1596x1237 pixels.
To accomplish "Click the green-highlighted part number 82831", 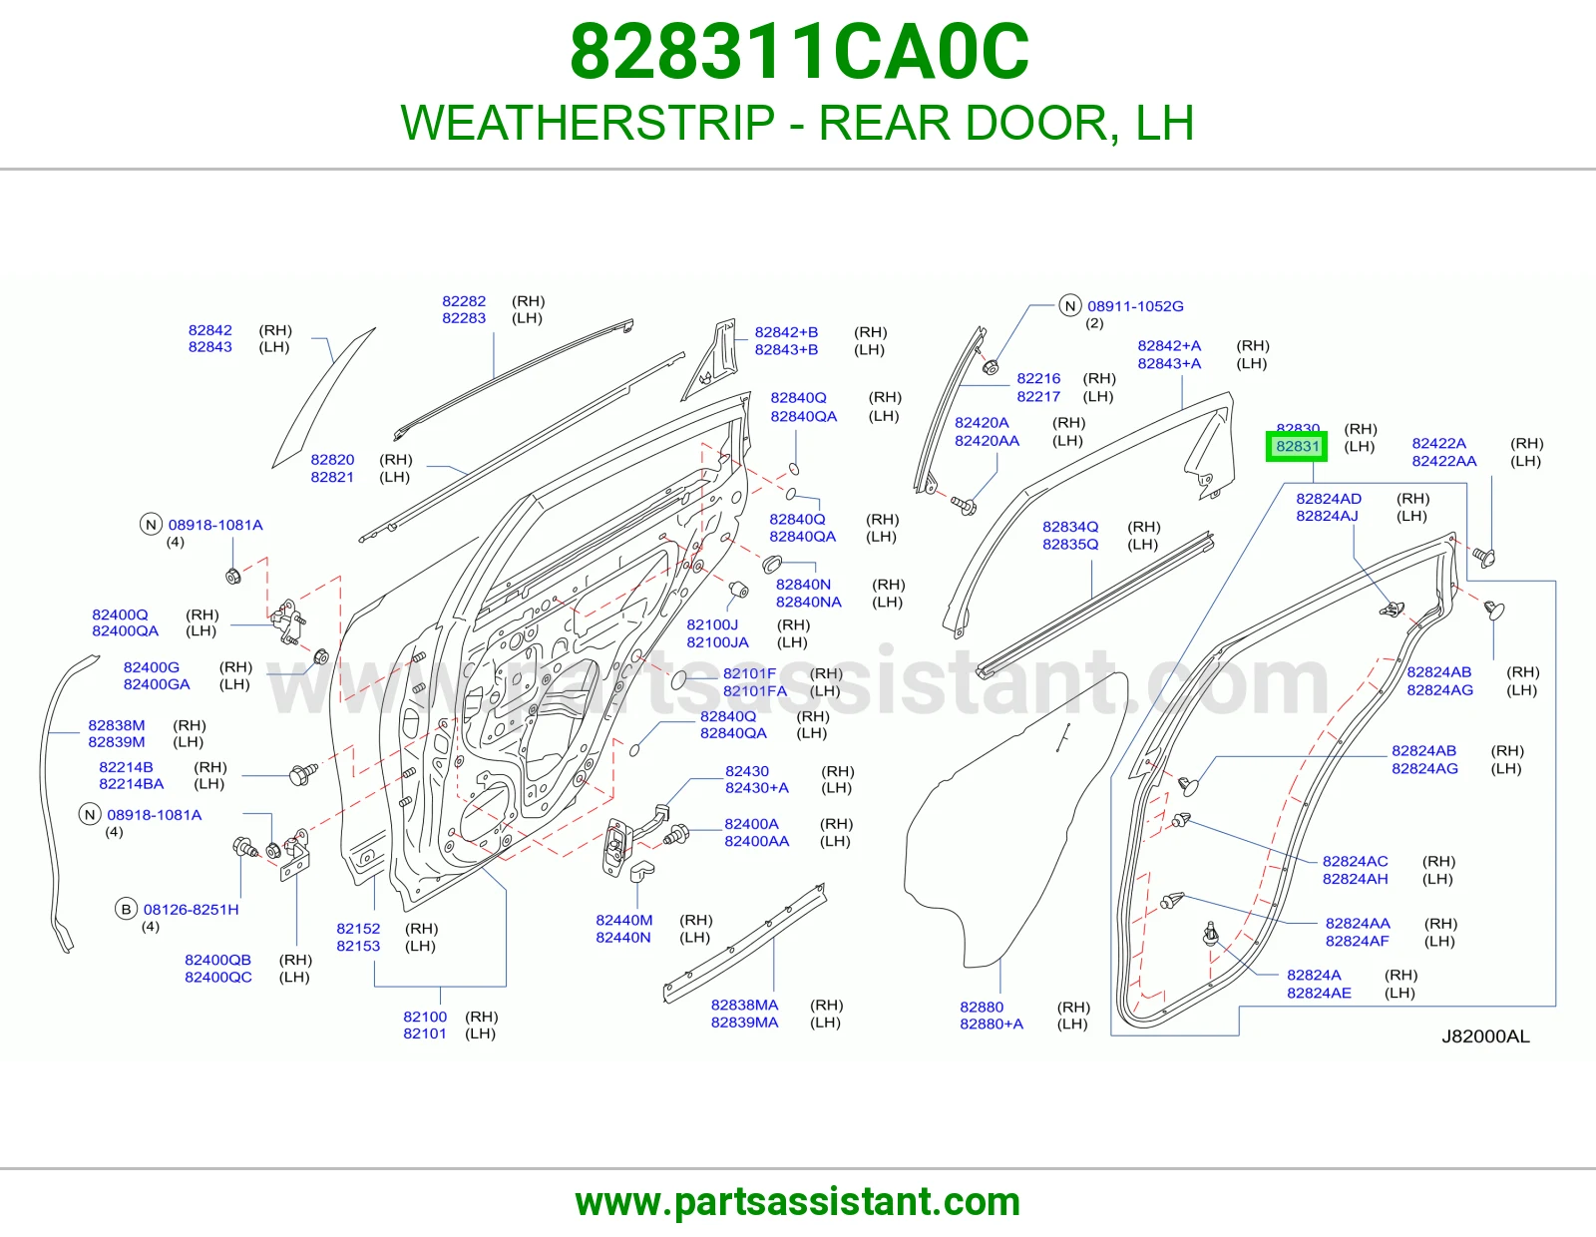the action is [x=1297, y=446].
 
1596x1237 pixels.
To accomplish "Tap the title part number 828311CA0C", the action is [x=799, y=52].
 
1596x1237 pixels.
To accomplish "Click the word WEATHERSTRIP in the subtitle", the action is [x=588, y=123].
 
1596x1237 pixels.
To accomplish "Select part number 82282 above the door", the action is [x=464, y=301].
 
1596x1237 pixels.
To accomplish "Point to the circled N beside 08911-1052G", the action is [x=1070, y=305].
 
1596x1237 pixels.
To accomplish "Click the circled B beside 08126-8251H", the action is [x=127, y=910].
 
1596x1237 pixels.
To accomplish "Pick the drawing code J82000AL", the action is [x=1485, y=1036].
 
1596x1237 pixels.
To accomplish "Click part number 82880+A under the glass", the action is [x=991, y=1024].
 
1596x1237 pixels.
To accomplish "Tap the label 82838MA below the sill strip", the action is [x=744, y=1005].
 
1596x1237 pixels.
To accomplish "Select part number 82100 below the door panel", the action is [x=425, y=1017].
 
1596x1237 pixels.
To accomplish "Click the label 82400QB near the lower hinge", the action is [x=217, y=960].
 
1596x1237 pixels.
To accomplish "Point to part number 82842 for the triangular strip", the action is [x=210, y=330].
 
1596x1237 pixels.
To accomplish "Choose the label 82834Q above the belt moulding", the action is [x=1070, y=527].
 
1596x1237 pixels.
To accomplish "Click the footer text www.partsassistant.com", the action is [x=798, y=1202].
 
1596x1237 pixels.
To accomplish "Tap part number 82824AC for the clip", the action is [x=1355, y=861].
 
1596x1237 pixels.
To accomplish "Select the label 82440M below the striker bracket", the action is [x=623, y=921].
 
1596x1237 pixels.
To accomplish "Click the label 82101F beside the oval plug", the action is [x=749, y=673].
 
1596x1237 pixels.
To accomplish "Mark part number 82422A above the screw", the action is [x=1438, y=444].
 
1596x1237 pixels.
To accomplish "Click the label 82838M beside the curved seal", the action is [x=116, y=725].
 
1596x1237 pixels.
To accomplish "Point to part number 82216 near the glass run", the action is [x=1038, y=378].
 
